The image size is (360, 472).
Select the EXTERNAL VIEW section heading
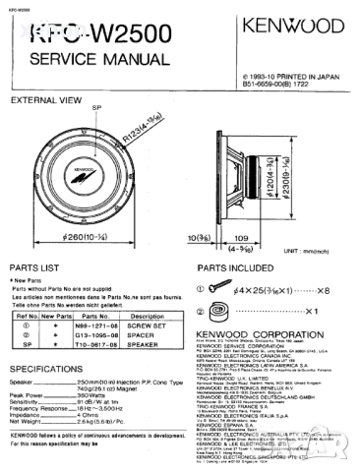pos(46,99)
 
